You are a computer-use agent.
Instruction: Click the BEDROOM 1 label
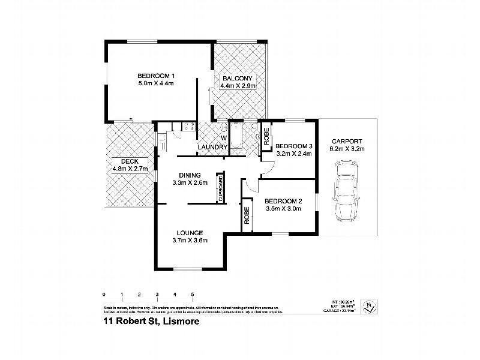tap(155, 76)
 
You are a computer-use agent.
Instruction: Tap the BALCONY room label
tap(239, 79)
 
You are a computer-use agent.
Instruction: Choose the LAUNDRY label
tap(213, 148)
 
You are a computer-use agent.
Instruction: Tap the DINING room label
tap(189, 175)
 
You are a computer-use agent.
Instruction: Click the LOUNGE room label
tap(189, 233)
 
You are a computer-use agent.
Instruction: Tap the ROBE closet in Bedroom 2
tap(247, 215)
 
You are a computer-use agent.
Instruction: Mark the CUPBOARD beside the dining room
tap(221, 189)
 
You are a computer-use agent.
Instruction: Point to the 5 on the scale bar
tap(192, 295)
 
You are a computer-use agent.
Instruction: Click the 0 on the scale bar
tap(104, 295)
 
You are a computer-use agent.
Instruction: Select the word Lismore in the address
tap(178, 321)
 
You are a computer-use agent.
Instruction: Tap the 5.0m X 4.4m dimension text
tap(155, 83)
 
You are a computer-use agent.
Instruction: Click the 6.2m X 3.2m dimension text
tap(348, 149)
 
